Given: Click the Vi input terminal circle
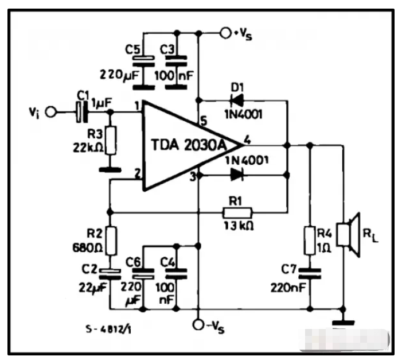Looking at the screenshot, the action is [51, 112].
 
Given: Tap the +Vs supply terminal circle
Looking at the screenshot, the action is [225, 33].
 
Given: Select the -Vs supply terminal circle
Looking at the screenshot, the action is [198, 324].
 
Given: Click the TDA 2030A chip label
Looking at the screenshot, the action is [189, 145].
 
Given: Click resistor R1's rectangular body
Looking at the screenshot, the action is [237, 213].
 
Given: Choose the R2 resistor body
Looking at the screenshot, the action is [111, 241].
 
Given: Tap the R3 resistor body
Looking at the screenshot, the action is [111, 140].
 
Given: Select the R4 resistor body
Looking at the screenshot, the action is [310, 241].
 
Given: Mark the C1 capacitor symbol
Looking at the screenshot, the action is [82, 112].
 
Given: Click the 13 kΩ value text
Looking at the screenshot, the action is [239, 226].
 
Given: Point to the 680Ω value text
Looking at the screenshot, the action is [88, 247].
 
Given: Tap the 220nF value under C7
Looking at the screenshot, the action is [288, 288].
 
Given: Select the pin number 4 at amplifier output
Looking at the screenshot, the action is [247, 140].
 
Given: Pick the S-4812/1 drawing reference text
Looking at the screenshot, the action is [108, 329].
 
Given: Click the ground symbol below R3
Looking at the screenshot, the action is [110, 169].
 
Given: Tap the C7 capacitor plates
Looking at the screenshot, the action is [310, 273].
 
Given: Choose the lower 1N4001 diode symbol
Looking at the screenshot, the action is [237, 175].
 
